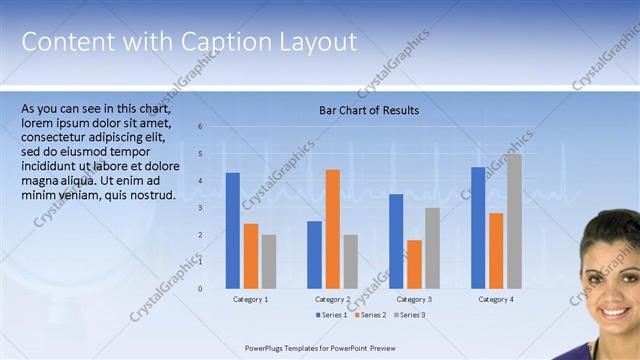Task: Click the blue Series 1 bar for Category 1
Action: click(x=232, y=230)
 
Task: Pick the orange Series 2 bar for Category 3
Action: click(x=414, y=264)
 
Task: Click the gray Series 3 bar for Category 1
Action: click(x=268, y=261)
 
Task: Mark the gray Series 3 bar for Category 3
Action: click(x=432, y=247)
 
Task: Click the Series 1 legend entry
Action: click(x=332, y=315)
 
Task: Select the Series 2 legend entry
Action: click(x=370, y=315)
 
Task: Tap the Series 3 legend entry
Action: click(x=409, y=315)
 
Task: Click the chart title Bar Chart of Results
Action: click(x=368, y=110)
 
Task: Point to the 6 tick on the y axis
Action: click(x=200, y=127)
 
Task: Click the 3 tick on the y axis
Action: click(x=200, y=208)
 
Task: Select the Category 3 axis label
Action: click(x=414, y=299)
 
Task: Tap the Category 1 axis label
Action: click(x=250, y=299)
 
